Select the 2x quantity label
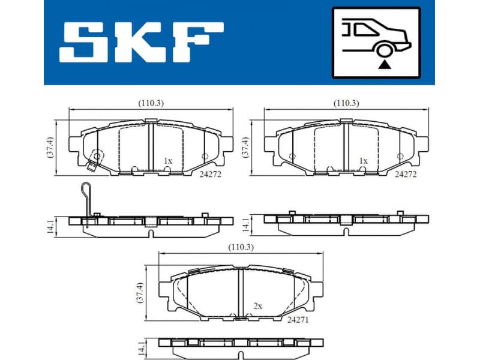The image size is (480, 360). point(258,306)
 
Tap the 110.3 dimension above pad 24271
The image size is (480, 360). point(239,247)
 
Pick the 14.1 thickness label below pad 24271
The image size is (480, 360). point(141,347)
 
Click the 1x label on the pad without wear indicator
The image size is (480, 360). point(362,161)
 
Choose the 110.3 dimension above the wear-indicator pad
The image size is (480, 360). point(151,103)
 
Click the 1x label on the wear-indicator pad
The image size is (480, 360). point(168,161)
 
